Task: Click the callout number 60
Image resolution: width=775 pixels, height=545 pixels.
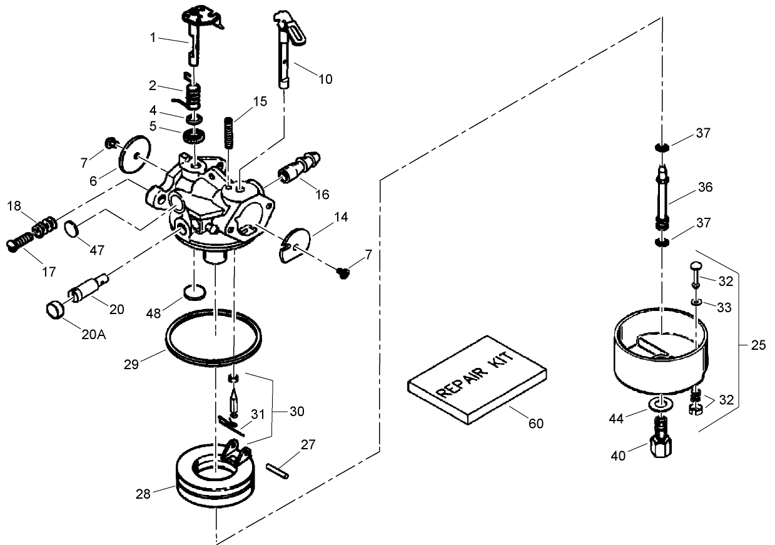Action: click(x=536, y=424)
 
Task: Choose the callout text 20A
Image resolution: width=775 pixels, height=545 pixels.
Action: click(x=94, y=334)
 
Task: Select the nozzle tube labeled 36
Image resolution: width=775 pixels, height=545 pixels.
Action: click(x=662, y=197)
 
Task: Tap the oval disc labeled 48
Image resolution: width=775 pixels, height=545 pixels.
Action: click(x=195, y=292)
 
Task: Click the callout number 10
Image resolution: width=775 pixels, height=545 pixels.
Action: click(x=325, y=79)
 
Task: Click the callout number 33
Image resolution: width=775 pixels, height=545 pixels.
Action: click(x=724, y=308)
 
